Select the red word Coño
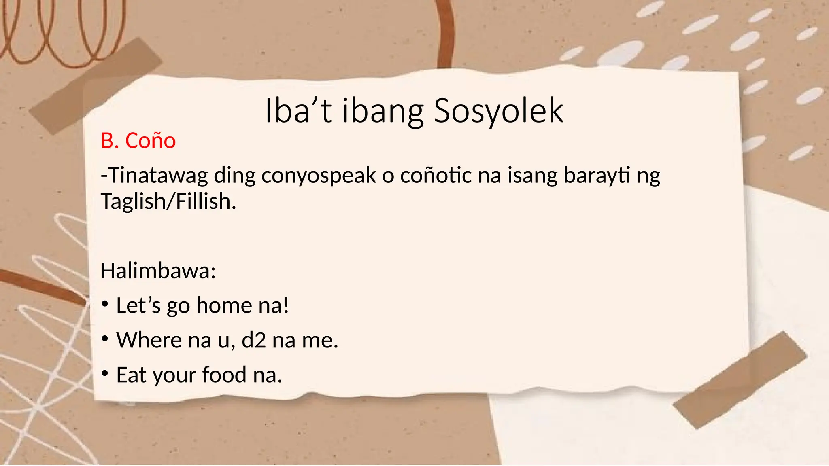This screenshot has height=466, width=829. [150, 141]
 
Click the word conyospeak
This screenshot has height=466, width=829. [319, 176]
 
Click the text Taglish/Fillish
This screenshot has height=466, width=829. [168, 201]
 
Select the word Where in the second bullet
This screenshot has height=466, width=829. [149, 340]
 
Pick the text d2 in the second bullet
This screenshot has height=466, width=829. [254, 340]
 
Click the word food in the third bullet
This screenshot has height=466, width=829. [224, 375]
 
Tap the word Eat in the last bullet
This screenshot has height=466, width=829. [131, 375]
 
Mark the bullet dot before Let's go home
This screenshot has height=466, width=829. [105, 304]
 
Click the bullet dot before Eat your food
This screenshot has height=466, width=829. [105, 374]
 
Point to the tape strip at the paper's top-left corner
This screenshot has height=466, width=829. [96, 86]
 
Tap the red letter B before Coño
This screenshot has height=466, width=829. [107, 141]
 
